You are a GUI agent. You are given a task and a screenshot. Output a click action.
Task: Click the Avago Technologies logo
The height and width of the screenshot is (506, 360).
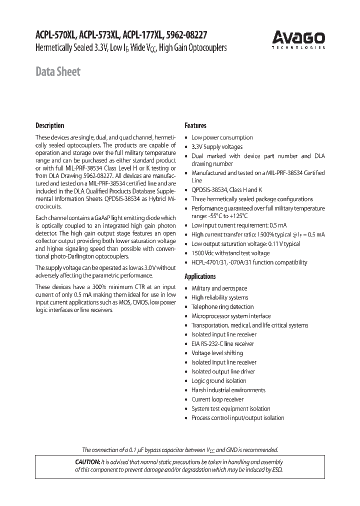click(298, 39)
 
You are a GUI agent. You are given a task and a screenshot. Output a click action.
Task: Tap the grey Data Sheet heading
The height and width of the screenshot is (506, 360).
click(57, 71)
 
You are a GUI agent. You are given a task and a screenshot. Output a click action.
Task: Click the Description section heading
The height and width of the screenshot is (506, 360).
click(49, 125)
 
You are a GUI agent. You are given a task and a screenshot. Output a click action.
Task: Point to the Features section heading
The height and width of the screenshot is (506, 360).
click(195, 125)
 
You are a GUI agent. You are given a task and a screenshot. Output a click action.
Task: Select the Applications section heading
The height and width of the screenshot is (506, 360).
click(200, 276)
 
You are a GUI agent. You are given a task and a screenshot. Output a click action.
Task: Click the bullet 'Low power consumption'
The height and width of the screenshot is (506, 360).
click(222, 137)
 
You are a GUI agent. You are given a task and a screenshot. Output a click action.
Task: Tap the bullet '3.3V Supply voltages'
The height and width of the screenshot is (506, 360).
click(217, 147)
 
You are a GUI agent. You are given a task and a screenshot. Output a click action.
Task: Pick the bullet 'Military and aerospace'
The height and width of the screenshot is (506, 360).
click(219, 288)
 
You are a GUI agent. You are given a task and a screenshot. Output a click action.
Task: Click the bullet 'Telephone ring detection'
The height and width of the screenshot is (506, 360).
click(222, 307)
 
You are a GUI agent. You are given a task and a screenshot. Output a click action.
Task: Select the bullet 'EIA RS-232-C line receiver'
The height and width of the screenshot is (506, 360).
click(222, 344)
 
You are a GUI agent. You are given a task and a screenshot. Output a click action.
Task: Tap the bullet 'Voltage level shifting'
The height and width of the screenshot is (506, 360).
click(217, 353)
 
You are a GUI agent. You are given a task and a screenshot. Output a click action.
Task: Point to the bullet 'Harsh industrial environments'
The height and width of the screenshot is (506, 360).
click(228, 390)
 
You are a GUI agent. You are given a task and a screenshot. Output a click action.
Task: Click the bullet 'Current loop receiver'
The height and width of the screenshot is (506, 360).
click(217, 399)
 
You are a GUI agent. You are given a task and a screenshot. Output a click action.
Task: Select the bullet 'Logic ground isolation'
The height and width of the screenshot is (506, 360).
click(218, 381)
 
